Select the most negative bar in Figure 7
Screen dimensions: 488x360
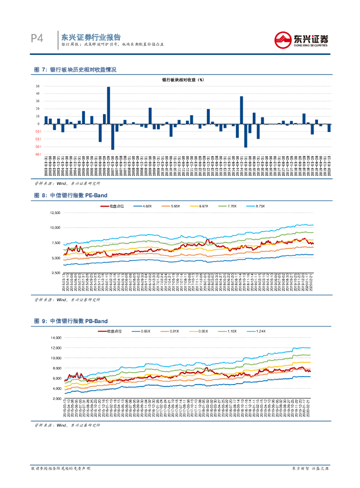point(113,137)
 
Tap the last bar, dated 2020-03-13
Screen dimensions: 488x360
point(329,128)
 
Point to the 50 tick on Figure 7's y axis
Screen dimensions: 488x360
point(37,86)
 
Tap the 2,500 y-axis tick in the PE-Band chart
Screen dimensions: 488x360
point(56,273)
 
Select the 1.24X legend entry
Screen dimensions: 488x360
point(260,331)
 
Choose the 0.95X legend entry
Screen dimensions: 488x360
point(202,331)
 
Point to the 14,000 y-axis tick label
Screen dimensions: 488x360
point(56,337)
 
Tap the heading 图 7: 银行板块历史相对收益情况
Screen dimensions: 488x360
point(75,70)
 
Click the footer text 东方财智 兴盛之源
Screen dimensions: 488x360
point(310,469)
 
